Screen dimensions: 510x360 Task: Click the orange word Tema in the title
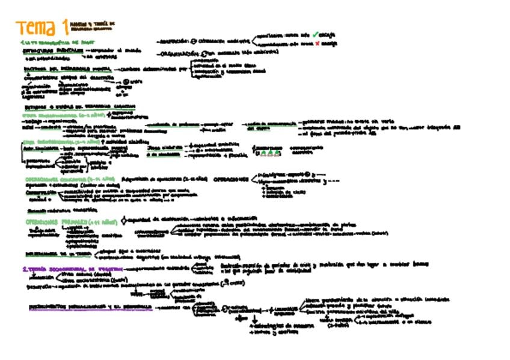tap(38, 28)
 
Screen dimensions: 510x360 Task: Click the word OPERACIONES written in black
tap(232, 178)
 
